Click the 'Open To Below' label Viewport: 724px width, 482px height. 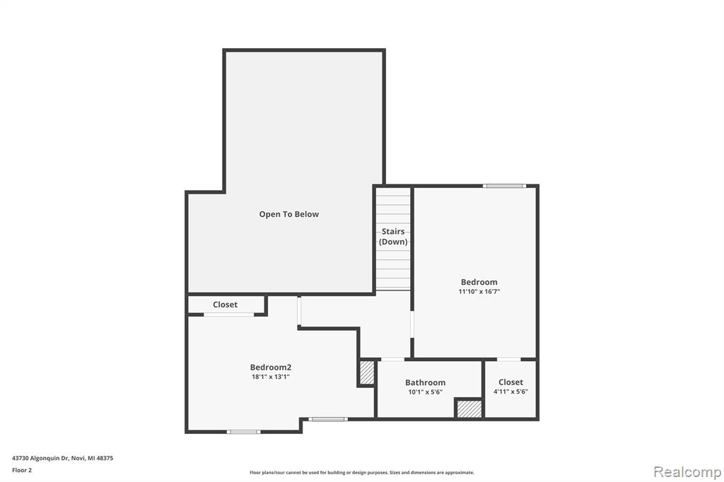coord(289,214)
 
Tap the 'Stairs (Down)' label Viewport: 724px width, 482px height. coord(393,236)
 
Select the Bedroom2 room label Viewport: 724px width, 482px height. coord(271,368)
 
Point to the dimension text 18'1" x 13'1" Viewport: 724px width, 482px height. coord(271,377)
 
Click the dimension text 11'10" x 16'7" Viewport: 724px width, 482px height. coord(479,291)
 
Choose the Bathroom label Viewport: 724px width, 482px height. coord(425,382)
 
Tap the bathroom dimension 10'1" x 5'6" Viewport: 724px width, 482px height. coord(425,392)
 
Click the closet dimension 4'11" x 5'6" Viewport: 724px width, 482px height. coord(510,392)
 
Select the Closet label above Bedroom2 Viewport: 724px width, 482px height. coord(226,305)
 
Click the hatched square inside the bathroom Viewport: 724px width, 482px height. coord(469,409)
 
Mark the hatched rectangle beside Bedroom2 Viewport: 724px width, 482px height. coord(367,372)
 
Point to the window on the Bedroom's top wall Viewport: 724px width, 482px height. coord(504,186)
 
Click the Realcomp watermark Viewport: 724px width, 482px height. coord(687,472)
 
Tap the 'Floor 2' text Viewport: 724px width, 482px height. coord(22,471)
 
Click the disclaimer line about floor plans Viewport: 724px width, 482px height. coord(361,473)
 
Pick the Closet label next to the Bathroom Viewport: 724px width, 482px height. coord(510,382)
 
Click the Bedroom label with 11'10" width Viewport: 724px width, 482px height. coord(479,282)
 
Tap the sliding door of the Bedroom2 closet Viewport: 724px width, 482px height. coord(229,315)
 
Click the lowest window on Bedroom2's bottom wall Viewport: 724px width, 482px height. coord(243,432)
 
